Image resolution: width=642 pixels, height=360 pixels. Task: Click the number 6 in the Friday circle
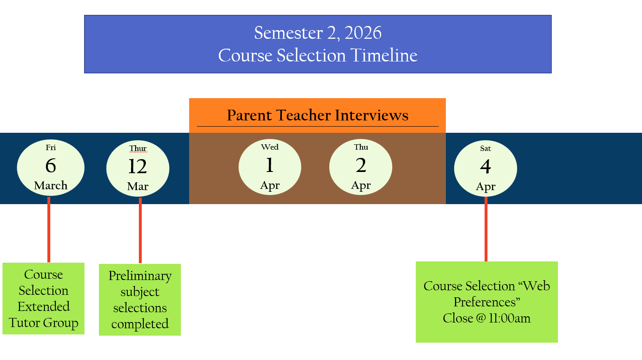[x=51, y=166]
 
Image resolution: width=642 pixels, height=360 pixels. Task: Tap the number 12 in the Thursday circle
[x=138, y=167]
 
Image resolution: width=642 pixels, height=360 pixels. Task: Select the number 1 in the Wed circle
[x=269, y=165]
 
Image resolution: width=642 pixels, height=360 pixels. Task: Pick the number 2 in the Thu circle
[x=361, y=165]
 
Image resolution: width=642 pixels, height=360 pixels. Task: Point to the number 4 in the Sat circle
[x=485, y=167]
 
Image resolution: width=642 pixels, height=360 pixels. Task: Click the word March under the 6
[x=51, y=186]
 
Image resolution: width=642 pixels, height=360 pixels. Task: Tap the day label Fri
[x=51, y=148]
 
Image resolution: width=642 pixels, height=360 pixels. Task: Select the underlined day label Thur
[x=138, y=148]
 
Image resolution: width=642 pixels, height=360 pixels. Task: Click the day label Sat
[x=485, y=148]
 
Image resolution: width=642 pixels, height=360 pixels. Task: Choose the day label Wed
[x=269, y=147]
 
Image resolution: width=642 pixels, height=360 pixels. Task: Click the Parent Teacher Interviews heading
[x=317, y=115]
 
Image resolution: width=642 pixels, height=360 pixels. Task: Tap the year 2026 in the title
[x=363, y=33]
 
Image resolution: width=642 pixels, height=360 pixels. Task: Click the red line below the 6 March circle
[x=49, y=229]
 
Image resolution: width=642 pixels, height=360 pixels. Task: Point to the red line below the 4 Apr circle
[x=486, y=229]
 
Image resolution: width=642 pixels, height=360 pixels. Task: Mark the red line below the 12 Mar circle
[x=140, y=230]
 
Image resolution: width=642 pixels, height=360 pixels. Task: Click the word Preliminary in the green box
[x=140, y=276]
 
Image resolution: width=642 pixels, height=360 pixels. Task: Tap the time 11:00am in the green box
[x=510, y=318]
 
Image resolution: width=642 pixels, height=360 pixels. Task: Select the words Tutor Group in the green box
[x=44, y=323]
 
